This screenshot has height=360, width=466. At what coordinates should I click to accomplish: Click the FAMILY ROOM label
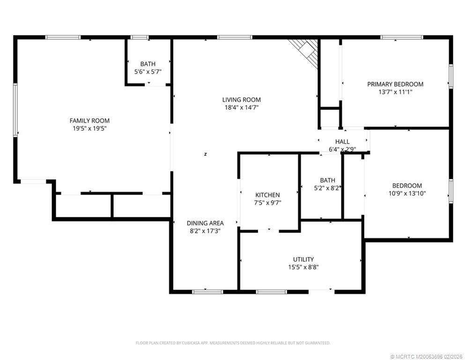tap(89, 120)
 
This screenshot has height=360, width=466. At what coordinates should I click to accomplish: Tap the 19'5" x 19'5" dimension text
tap(89, 128)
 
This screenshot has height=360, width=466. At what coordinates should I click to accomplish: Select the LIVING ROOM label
tap(241, 100)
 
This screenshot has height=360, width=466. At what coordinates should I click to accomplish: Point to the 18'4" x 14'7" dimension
tap(241, 107)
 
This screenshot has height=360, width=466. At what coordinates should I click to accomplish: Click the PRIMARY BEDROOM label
tap(395, 84)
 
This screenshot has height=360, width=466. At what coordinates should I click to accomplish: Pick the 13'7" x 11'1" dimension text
tap(395, 92)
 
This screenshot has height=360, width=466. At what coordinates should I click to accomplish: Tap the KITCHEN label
tap(267, 195)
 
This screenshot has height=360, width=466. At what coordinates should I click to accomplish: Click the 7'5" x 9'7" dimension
tap(267, 203)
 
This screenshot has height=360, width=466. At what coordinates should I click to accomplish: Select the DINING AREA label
tap(205, 223)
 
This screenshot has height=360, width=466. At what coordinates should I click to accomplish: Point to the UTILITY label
tap(303, 259)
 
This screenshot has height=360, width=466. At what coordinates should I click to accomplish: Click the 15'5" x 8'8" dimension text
tap(303, 267)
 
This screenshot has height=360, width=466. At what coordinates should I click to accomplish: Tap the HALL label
tap(342, 142)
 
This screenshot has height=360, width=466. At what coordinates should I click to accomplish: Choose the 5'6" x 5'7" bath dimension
tap(148, 72)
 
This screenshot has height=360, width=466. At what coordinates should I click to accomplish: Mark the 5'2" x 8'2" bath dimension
tap(327, 188)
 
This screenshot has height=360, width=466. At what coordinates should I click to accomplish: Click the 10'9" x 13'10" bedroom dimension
tap(407, 194)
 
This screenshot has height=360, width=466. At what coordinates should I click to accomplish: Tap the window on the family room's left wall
tap(15, 110)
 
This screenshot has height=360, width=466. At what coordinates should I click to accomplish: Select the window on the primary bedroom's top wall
tap(402, 37)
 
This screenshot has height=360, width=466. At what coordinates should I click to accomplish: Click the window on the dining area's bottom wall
tap(207, 292)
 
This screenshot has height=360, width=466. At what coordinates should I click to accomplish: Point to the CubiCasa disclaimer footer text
tap(233, 343)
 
